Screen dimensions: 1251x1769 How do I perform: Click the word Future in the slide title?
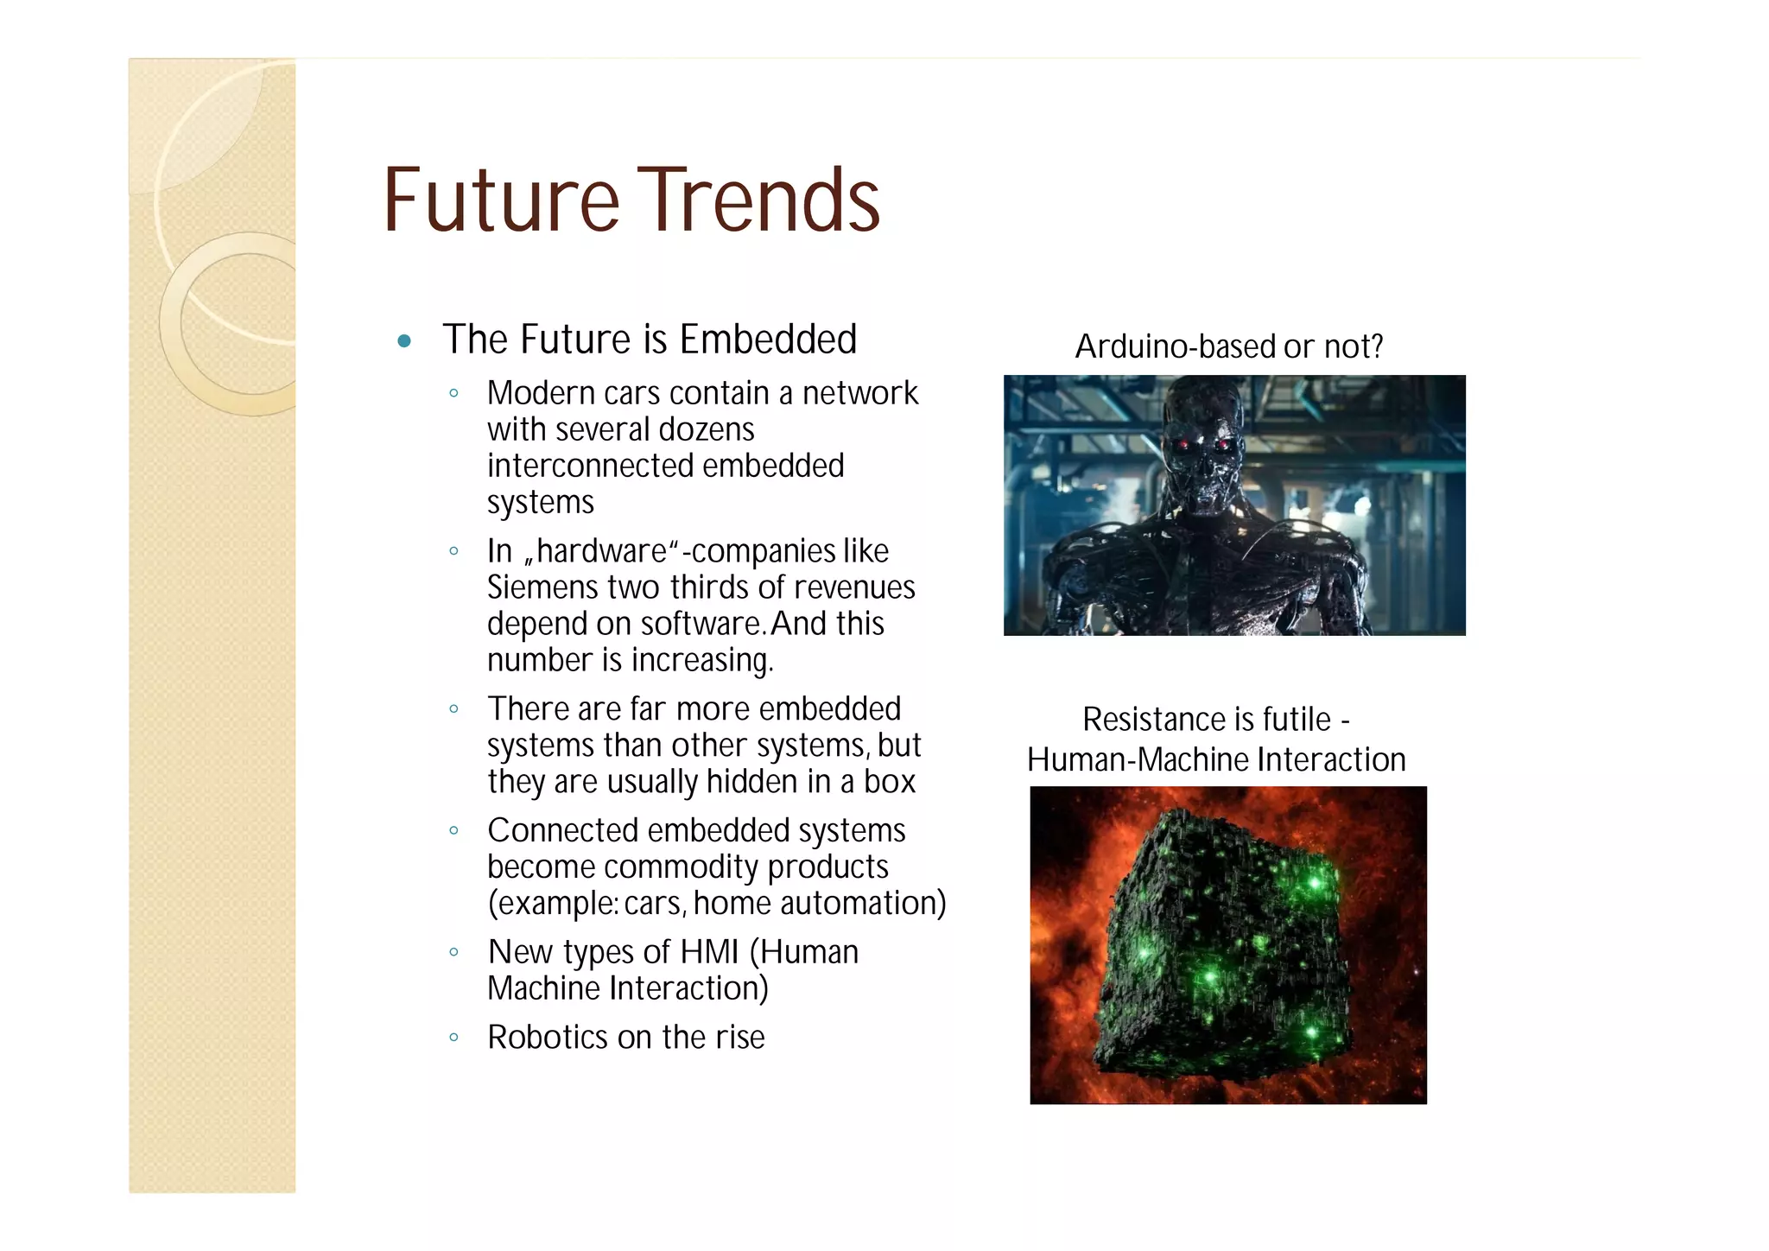[501, 200]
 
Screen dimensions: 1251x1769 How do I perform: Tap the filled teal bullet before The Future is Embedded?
[403, 341]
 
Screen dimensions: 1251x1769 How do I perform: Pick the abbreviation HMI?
[709, 952]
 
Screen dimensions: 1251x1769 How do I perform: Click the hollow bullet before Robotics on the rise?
[453, 1038]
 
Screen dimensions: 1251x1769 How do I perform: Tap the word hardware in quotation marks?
[601, 551]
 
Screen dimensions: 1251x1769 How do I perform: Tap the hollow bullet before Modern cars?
[453, 394]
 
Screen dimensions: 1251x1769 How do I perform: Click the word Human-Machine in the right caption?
[1138, 760]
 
